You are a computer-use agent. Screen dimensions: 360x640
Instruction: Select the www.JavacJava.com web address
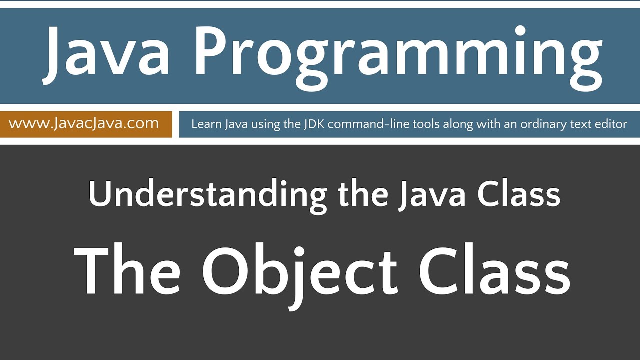click(84, 123)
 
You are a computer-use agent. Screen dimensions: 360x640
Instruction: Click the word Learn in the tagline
click(203, 124)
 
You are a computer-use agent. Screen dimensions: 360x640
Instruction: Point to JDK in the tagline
click(315, 124)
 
